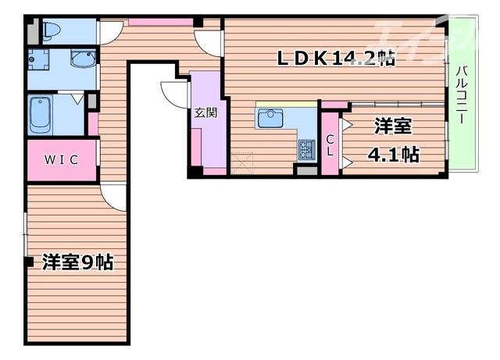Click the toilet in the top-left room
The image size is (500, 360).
(x=52, y=30)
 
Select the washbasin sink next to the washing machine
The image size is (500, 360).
(x=80, y=59)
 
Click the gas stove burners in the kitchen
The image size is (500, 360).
(x=305, y=146)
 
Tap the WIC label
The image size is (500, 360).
(x=60, y=159)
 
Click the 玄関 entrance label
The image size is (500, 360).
(x=205, y=112)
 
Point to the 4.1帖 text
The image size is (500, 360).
(x=392, y=154)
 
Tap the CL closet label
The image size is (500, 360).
(x=330, y=144)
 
